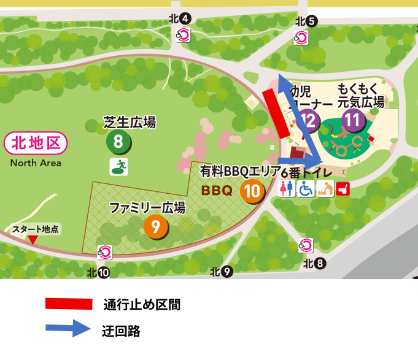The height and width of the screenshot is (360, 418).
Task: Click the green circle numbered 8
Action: click(118, 142)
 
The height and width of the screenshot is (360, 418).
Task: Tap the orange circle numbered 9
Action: click(156, 228)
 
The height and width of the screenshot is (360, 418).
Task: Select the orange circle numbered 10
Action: click(252, 191)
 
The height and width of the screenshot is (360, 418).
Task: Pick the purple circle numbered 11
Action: click(352, 120)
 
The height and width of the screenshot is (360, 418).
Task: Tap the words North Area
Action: click(36, 163)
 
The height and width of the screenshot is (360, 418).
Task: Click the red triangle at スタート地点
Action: click(33, 240)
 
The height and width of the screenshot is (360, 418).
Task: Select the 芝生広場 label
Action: click(130, 123)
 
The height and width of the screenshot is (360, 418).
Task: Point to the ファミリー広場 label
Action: click(147, 208)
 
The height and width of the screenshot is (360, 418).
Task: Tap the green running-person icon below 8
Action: click(118, 166)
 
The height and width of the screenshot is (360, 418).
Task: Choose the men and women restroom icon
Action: click(287, 188)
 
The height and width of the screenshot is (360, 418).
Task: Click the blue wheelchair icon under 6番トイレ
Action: click(306, 188)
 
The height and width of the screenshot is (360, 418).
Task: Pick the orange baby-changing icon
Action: click(325, 188)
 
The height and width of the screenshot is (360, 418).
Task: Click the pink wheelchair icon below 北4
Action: click(182, 34)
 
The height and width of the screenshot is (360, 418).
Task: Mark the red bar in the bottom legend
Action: click(69, 304)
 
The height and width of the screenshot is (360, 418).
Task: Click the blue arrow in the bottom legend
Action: click(69, 327)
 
